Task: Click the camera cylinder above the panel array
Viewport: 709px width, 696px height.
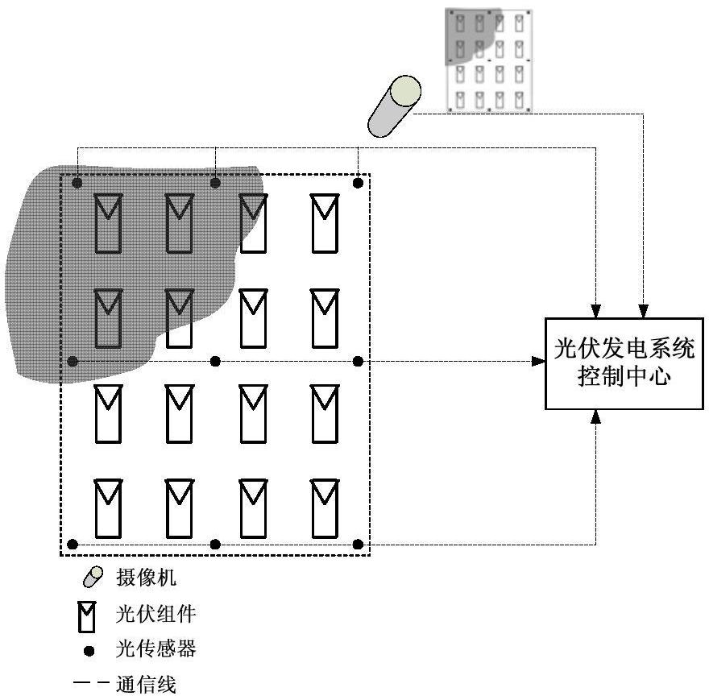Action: pos(394,106)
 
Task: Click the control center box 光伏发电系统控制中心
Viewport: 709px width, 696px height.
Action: pos(624,362)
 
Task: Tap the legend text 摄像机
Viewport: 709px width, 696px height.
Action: pos(146,578)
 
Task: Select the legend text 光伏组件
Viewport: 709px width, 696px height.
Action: pos(156,615)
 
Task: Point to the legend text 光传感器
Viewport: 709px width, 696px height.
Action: pos(156,649)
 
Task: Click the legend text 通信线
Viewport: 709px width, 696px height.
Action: pos(146,686)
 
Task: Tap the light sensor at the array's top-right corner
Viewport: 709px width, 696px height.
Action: pos(359,183)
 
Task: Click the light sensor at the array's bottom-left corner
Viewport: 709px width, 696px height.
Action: pos(73,545)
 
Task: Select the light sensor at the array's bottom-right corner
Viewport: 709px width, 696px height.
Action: pos(359,545)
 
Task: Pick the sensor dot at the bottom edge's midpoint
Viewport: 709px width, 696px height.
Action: pos(215,545)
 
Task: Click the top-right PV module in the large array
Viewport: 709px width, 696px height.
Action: pos(325,222)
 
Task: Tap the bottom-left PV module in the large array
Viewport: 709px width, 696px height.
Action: pos(107,508)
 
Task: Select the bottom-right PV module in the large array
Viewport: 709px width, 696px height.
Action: pos(325,508)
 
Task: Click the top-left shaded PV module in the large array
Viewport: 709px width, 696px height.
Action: pos(107,222)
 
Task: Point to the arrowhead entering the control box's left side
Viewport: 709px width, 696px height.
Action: pos(538,362)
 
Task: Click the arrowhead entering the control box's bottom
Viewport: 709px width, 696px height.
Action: pos(595,416)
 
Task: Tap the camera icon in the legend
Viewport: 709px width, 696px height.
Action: pos(93,577)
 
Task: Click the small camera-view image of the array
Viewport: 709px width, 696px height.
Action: pos(488,60)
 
